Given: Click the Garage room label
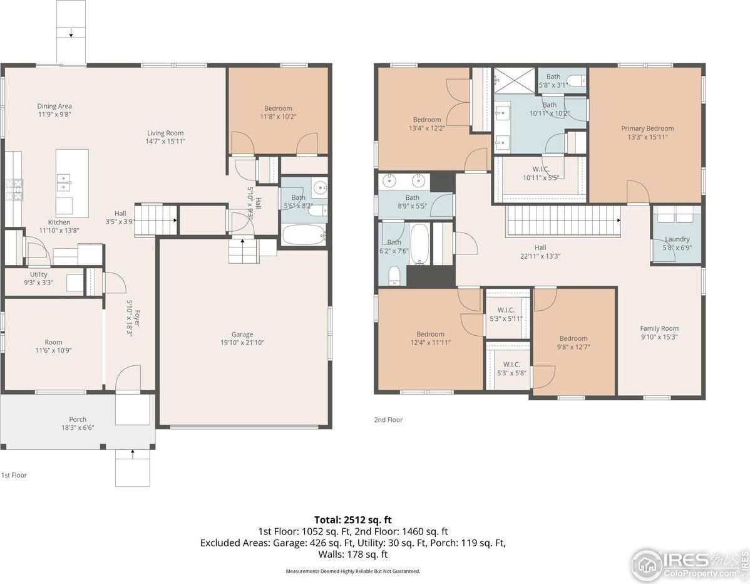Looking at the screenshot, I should (x=242, y=335).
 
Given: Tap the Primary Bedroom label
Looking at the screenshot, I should (x=647, y=128).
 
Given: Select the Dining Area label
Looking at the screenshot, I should (x=54, y=107).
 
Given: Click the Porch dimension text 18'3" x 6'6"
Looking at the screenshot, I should (x=78, y=428).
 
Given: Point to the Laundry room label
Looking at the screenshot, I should (x=677, y=239).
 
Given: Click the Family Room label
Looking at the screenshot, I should (x=659, y=328).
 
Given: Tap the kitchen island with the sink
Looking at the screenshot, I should (x=72, y=182).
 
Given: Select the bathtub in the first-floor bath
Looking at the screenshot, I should (x=304, y=235).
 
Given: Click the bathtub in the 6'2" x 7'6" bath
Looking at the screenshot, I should (x=419, y=244).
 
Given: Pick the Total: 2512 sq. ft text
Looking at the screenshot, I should (x=353, y=519).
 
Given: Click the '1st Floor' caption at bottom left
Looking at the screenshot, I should (x=14, y=475).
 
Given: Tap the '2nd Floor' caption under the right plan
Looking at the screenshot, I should (x=388, y=420).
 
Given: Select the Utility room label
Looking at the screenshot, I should (x=38, y=274).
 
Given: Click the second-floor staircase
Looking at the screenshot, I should (x=562, y=220).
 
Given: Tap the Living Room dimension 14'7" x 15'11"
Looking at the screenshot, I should (x=165, y=142).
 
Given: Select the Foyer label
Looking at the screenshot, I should (x=136, y=318).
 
